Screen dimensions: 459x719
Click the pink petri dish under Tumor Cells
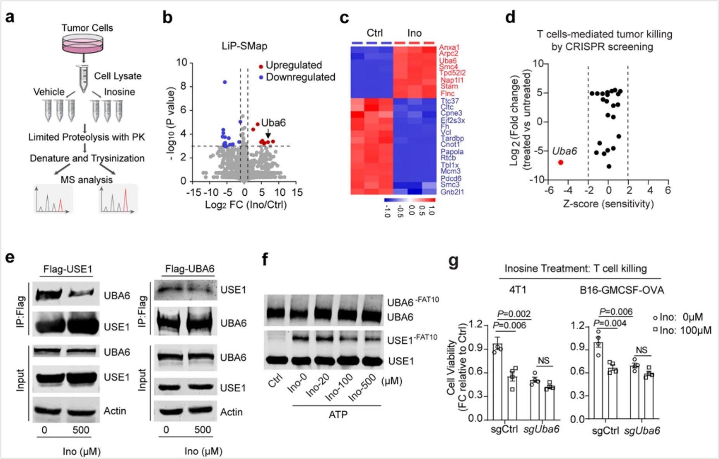pyautogui.click(x=83, y=43)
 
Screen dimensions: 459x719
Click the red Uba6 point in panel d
pyautogui.click(x=560, y=162)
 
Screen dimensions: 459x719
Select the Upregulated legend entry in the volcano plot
pyautogui.click(x=293, y=65)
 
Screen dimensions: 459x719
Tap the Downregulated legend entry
pyautogui.click(x=300, y=77)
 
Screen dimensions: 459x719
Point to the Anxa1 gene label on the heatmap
pyautogui.click(x=449, y=48)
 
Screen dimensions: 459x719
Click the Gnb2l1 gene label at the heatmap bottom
pyautogui.click(x=452, y=191)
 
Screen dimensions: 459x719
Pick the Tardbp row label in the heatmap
pyautogui.click(x=452, y=138)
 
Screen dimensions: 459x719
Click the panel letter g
pyautogui.click(x=453, y=261)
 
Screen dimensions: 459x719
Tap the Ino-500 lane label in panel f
pyautogui.click(x=362, y=388)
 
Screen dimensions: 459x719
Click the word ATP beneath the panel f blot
pyautogui.click(x=338, y=415)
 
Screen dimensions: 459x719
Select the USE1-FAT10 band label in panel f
pyautogui.click(x=412, y=339)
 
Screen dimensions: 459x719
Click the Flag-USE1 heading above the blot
pyautogui.click(x=68, y=269)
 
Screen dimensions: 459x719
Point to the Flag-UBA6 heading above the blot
pyautogui.click(x=190, y=269)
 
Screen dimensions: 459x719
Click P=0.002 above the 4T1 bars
pyautogui.click(x=514, y=313)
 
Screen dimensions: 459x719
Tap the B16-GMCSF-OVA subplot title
pyautogui.click(x=621, y=290)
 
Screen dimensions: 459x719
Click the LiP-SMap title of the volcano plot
pyautogui.click(x=244, y=46)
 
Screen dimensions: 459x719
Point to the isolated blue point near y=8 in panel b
pyautogui.click(x=225, y=82)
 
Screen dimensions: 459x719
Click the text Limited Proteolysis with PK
pyautogui.click(x=86, y=137)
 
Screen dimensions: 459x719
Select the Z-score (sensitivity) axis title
pyautogui.click(x=608, y=203)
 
